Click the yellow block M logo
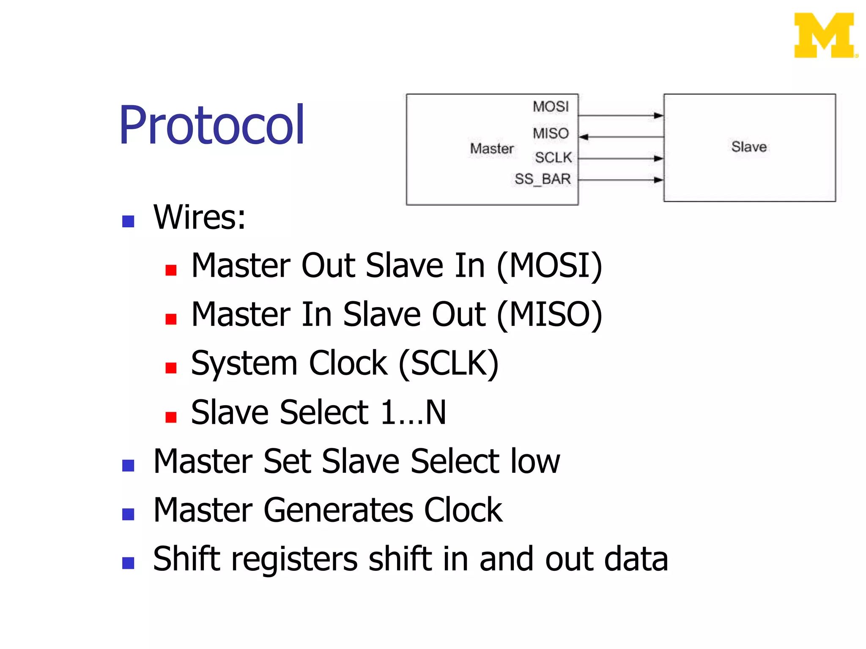825,35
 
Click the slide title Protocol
211,125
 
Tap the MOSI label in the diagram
551,106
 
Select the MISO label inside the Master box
551,134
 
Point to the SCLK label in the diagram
553,158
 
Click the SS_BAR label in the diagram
543,179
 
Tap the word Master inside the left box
492,149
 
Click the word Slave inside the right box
749,147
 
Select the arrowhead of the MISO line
584,137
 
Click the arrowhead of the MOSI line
658,115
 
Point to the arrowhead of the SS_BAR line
658,180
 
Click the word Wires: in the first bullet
199,217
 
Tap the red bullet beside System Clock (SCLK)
171,368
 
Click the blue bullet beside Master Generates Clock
128,514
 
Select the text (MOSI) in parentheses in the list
549,266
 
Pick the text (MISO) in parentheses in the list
549,315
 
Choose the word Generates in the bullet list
338,510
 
